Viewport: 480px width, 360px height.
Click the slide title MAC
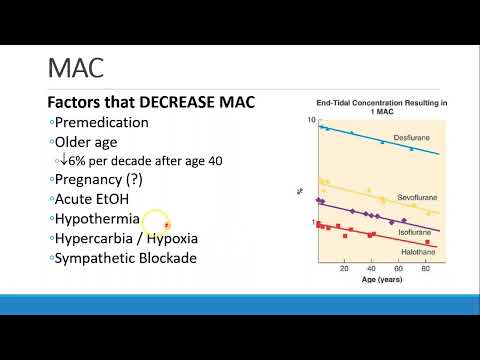click(77, 68)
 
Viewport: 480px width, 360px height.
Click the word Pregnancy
click(93, 180)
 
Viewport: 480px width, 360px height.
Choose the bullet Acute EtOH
click(95, 199)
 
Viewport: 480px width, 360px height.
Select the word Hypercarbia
click(97, 238)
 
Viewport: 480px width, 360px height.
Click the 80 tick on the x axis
click(426, 269)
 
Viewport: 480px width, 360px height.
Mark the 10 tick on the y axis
click(312, 120)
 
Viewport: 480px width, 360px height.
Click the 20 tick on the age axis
click(344, 269)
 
